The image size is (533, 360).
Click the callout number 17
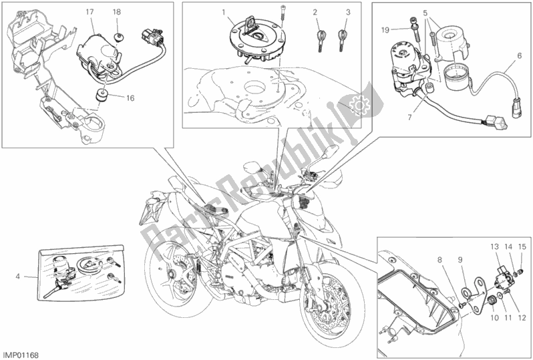coord(90,12)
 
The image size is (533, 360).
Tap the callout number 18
coord(117,12)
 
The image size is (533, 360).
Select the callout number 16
coord(130,98)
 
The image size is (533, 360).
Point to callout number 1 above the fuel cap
coord(224,13)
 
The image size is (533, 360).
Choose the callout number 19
coord(385,30)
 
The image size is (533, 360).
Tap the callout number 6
coord(520,55)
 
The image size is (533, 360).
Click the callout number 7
coord(409,118)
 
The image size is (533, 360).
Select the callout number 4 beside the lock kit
coord(17,277)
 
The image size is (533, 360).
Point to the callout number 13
coord(494,246)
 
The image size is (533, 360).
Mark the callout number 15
coord(522,246)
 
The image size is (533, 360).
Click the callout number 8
coord(439,260)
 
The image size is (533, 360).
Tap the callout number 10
coord(494,318)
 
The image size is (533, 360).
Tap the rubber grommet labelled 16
coord(101,96)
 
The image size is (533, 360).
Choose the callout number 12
coord(522,318)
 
